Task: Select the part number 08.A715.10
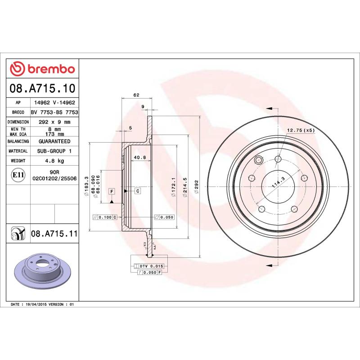pos(42,88)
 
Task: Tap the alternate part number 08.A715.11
pos(54,234)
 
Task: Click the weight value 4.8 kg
pos(54,161)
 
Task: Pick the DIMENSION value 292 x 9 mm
pos(54,122)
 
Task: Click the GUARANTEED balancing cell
pos(54,141)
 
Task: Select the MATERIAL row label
pos(18,151)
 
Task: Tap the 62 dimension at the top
pos(136,95)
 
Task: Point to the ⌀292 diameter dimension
pos(197,187)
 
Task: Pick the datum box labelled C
pos(138,191)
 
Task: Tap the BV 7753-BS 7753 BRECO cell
pos(54,112)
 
